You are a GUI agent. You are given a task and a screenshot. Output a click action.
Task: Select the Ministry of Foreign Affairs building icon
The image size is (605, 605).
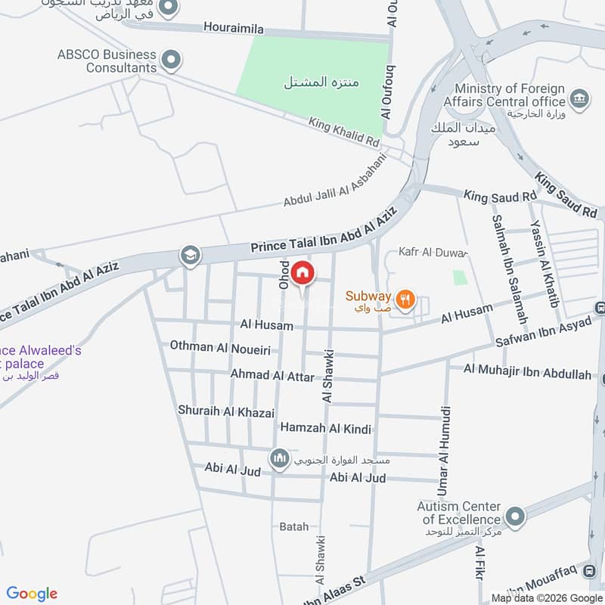click(579, 99)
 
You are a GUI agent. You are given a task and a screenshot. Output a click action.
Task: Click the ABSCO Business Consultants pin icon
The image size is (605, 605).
click(172, 59)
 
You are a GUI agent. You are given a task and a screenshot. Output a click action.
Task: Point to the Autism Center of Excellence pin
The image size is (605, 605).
click(516, 517)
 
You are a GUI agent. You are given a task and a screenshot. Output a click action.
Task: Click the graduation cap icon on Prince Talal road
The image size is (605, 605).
click(191, 256)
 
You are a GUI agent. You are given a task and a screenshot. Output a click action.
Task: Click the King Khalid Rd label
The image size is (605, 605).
click(343, 132)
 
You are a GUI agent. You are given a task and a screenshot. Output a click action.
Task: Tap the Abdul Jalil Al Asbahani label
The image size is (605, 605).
click(335, 181)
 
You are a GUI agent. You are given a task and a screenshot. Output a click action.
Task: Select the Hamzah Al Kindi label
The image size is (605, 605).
click(326, 428)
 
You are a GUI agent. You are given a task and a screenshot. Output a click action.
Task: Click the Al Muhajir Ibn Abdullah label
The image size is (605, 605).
click(527, 369)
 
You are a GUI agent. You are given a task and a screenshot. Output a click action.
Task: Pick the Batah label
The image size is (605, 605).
click(294, 526)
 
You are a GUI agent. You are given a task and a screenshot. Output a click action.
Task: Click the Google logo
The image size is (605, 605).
click(32, 594)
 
